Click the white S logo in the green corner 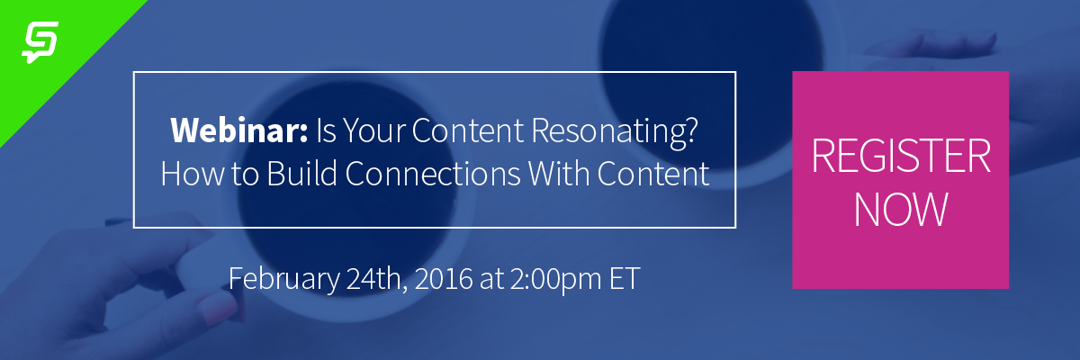40,42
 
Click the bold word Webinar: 239,130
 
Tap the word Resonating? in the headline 615,132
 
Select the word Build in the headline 301,174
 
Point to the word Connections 433,174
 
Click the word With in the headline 559,174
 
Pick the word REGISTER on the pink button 901,156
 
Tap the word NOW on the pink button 901,209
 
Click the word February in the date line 284,280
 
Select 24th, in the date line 377,279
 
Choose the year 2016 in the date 444,279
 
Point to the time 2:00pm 555,280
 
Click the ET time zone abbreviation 625,279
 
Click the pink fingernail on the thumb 220,309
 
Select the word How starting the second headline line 193,174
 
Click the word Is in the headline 326,130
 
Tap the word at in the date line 491,280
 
